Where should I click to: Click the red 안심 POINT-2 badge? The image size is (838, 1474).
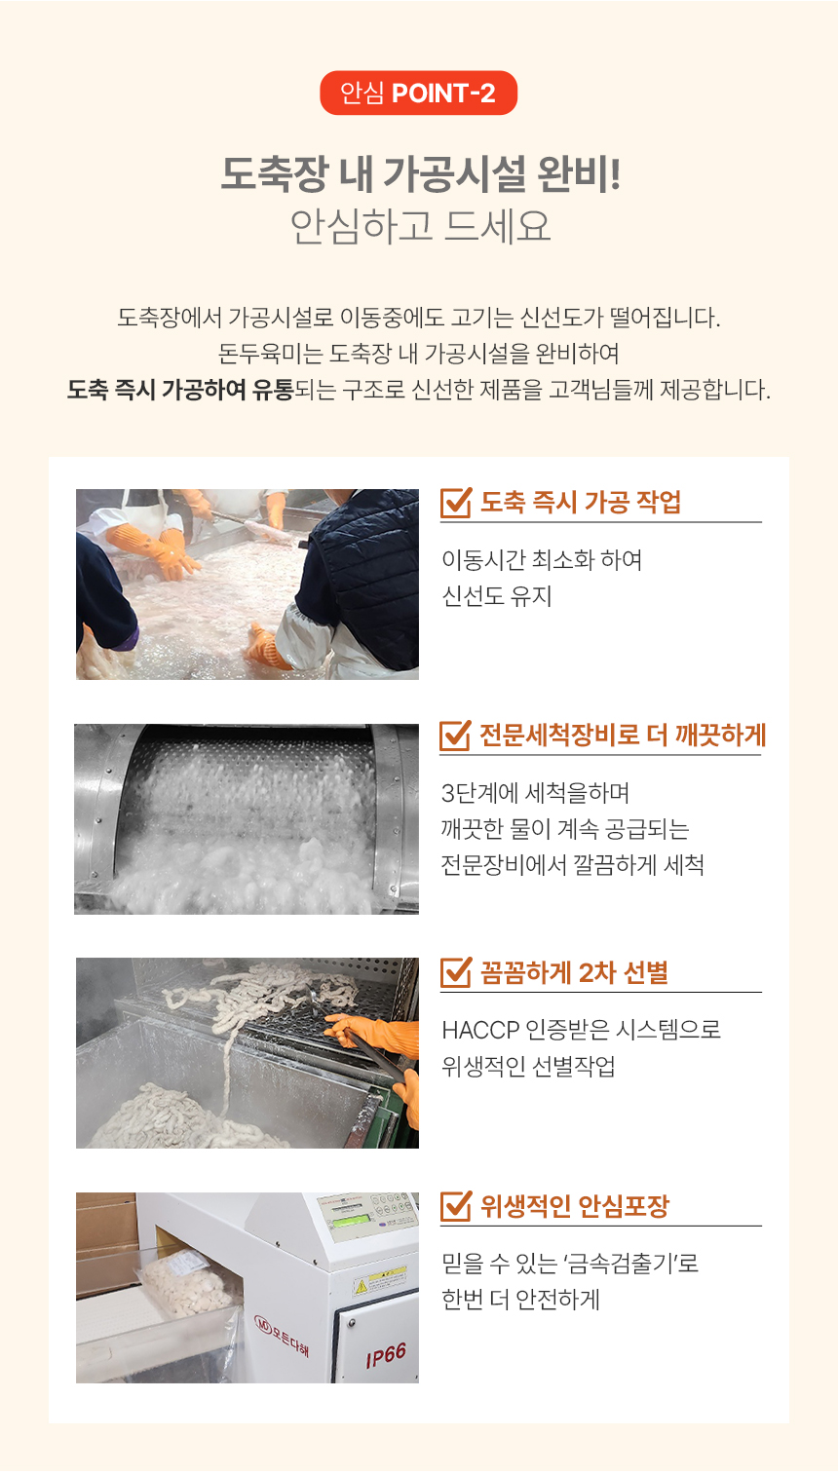(418, 93)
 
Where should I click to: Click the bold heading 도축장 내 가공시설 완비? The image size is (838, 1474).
(420, 174)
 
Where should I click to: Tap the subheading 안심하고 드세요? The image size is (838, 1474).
(420, 226)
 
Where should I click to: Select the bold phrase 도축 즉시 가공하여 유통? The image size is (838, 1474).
(179, 390)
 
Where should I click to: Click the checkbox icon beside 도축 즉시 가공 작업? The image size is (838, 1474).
(455, 503)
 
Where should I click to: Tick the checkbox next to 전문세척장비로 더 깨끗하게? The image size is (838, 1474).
(455, 735)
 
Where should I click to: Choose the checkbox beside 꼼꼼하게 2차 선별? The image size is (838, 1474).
(455, 972)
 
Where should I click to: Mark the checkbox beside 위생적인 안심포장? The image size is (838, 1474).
(455, 1206)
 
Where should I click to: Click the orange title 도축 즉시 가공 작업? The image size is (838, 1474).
(580, 503)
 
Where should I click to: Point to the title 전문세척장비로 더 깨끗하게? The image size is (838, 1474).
(622, 735)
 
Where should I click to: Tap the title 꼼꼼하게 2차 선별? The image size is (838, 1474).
(574, 972)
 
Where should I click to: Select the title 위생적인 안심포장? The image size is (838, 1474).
(575, 1206)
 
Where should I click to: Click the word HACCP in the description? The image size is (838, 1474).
(479, 1031)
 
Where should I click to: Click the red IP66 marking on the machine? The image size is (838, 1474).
(387, 1355)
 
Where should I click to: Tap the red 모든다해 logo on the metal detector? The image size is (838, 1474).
(282, 1334)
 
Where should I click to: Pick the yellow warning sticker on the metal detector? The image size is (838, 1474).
(379, 1280)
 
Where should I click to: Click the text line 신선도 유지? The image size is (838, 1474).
(497, 596)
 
